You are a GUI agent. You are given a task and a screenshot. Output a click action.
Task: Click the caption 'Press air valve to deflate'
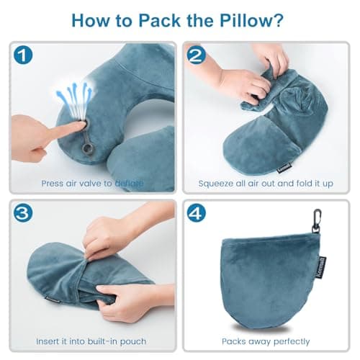(92, 183)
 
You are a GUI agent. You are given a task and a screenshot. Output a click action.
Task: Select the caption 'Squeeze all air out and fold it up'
(267, 183)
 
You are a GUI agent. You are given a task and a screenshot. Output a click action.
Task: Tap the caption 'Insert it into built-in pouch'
(92, 341)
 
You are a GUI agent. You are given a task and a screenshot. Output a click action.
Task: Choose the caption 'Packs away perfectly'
(266, 341)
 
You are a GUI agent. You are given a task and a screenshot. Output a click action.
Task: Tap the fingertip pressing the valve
(73, 127)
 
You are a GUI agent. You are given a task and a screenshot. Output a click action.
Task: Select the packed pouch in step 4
(270, 277)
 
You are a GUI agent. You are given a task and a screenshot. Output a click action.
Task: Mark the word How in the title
(94, 19)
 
